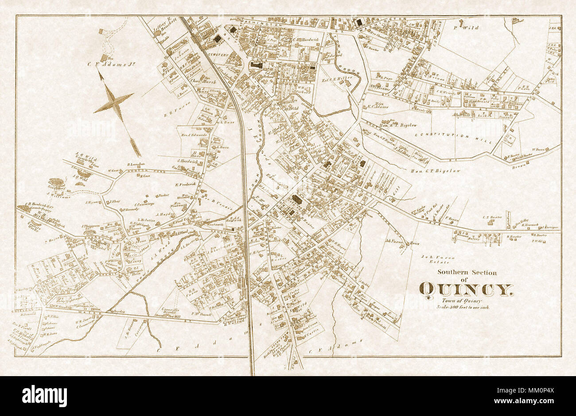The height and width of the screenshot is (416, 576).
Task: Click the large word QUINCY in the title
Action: (x=467, y=289)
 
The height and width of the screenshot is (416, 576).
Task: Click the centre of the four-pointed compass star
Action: (x=114, y=102)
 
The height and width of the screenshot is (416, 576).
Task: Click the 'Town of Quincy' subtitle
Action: (x=465, y=300)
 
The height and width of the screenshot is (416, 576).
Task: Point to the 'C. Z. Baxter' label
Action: (x=492, y=217)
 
